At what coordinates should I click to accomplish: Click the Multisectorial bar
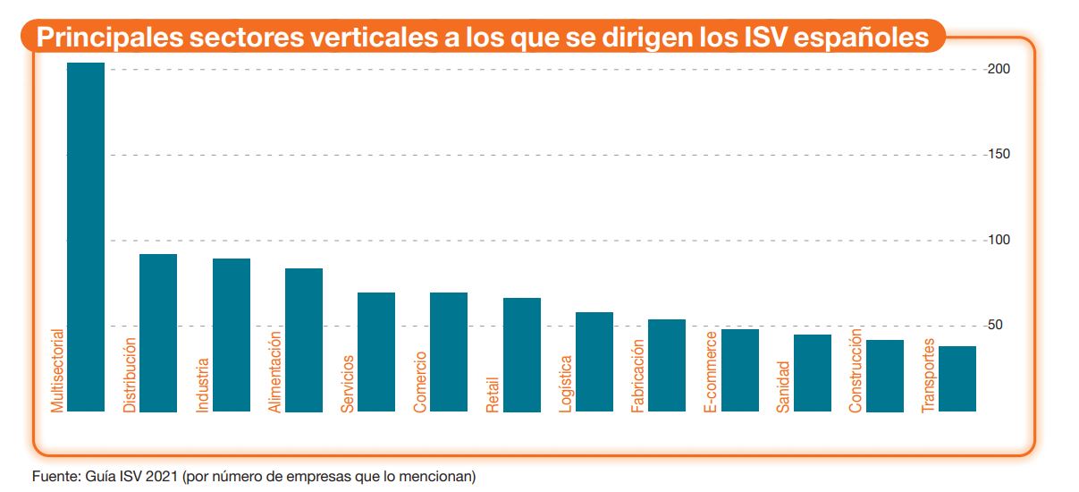(x=86, y=237)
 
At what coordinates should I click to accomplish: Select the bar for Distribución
(x=158, y=333)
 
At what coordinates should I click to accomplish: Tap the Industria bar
(x=231, y=335)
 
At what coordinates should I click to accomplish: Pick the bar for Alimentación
(x=303, y=340)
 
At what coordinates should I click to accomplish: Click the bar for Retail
(x=521, y=354)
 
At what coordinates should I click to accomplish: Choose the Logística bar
(x=594, y=361)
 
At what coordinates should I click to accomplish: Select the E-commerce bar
(x=739, y=370)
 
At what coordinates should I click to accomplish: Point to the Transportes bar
(x=957, y=378)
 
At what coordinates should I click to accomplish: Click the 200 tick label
(x=999, y=69)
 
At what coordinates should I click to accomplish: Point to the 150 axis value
(x=999, y=155)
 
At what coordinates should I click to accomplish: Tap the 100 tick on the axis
(x=999, y=240)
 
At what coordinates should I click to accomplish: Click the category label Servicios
(x=348, y=384)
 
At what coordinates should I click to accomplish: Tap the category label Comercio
(x=420, y=383)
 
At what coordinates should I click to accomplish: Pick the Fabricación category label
(x=638, y=375)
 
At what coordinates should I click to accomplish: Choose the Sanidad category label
(x=783, y=386)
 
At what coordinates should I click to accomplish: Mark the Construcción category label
(x=856, y=370)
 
